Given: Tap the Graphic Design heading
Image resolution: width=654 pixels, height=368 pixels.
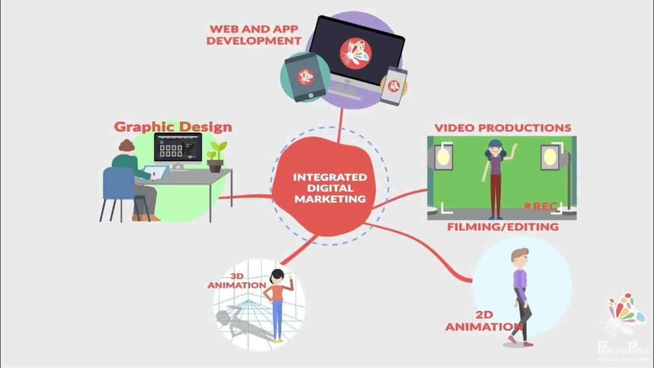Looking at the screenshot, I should pyautogui.click(x=173, y=126).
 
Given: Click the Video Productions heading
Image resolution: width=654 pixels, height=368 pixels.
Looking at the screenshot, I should pyautogui.click(x=502, y=127).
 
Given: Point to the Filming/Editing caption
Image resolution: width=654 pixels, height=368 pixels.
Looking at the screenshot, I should pyautogui.click(x=503, y=226).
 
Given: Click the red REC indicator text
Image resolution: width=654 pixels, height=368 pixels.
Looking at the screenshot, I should pyautogui.click(x=544, y=206).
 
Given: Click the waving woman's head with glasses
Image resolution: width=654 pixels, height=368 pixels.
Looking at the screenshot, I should pyautogui.click(x=494, y=149).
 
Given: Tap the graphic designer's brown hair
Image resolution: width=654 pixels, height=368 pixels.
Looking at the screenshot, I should pyautogui.click(x=126, y=146).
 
